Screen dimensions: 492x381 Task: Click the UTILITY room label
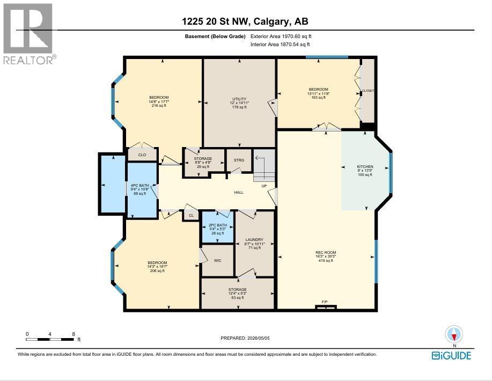(x=239, y=99)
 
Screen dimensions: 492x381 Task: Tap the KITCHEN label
(x=365, y=167)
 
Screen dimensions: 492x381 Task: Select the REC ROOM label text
(x=326, y=252)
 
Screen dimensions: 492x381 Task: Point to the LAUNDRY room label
(x=254, y=239)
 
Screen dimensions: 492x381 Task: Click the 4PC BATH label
(x=139, y=186)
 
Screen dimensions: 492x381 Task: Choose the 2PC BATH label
(x=218, y=225)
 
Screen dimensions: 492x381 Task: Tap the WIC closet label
(x=217, y=260)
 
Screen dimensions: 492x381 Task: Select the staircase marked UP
(x=264, y=168)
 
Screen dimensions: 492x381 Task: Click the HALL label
(x=239, y=193)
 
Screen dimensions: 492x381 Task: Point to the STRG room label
(x=239, y=160)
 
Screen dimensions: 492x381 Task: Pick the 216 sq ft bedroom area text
(x=159, y=106)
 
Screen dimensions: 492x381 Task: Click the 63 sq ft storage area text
(x=238, y=297)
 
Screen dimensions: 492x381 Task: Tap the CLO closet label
(x=142, y=155)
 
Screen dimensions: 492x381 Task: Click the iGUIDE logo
(x=451, y=356)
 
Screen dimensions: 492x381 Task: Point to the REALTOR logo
(x=28, y=34)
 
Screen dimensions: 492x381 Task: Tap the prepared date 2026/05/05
(x=259, y=338)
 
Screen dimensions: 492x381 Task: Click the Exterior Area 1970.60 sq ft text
(x=281, y=36)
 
